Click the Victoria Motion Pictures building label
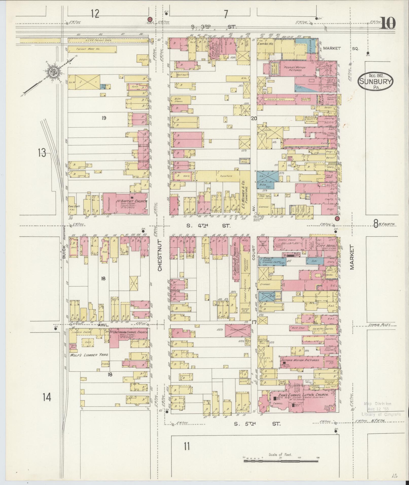tap(299, 360)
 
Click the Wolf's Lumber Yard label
tap(89, 355)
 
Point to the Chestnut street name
tap(159, 255)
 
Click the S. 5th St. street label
tap(257, 423)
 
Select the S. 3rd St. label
tap(214, 27)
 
